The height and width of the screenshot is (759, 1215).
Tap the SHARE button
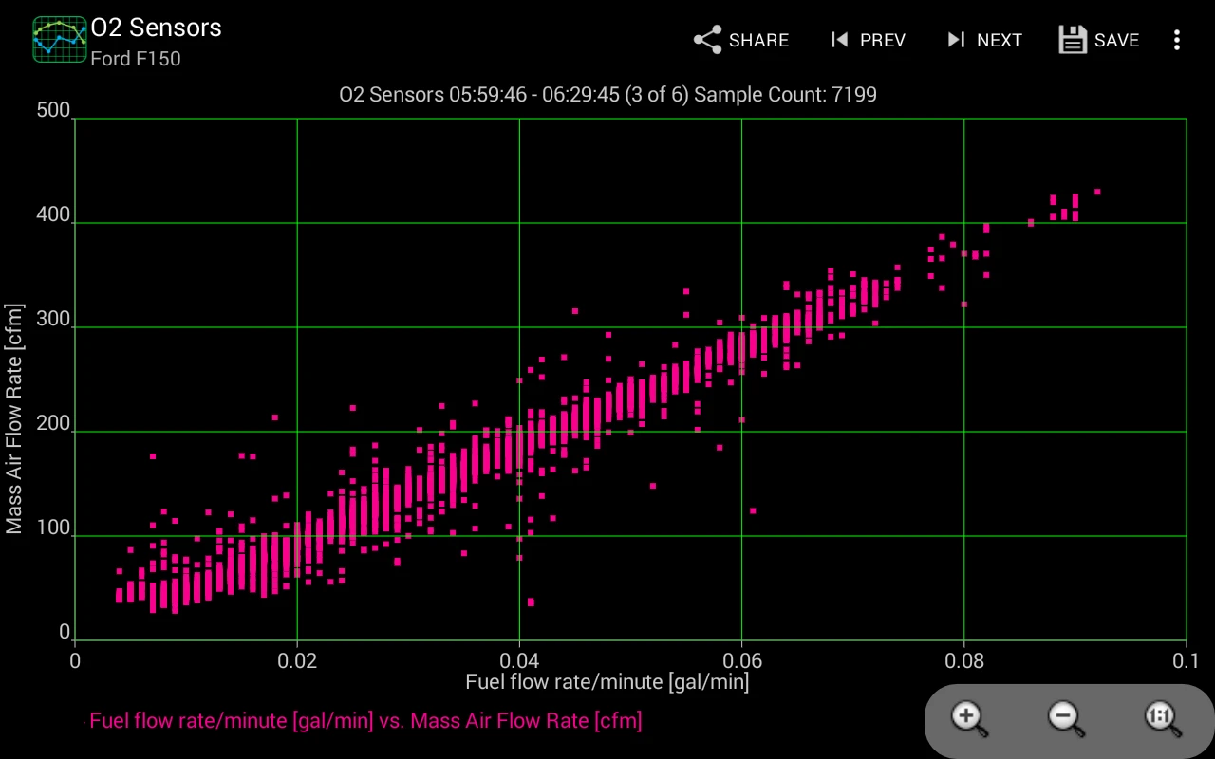tap(741, 40)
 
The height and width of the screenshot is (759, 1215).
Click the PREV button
tap(868, 40)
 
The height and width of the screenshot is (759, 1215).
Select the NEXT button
tap(984, 40)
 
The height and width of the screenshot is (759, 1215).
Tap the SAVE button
tap(1099, 40)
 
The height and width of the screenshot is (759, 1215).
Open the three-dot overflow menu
tap(1177, 40)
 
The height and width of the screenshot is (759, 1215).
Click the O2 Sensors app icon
tap(60, 40)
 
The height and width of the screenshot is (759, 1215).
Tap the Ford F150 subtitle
tap(135, 59)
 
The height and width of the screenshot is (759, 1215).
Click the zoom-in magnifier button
tap(969, 718)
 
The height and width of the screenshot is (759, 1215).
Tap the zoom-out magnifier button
tap(1065, 718)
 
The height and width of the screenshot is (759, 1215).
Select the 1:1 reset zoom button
tap(1161, 718)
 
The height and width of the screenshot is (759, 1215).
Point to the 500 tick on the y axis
tap(53, 111)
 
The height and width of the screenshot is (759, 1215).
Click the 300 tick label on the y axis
tap(53, 320)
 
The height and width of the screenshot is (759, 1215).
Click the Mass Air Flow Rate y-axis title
tap(14, 419)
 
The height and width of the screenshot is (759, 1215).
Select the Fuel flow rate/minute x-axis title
tap(607, 682)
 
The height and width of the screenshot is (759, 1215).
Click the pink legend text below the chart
tap(365, 721)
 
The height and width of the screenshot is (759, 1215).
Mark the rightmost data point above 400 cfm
tap(1097, 192)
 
